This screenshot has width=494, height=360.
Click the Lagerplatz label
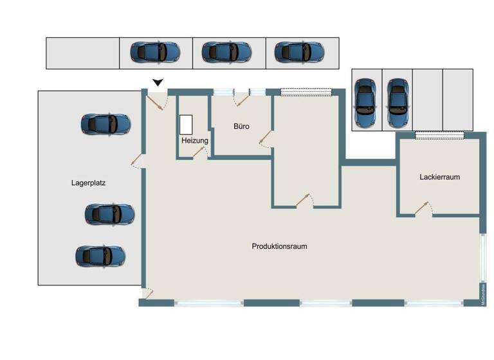(88, 183)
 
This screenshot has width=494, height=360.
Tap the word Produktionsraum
(279, 246)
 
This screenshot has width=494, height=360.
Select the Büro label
(241, 127)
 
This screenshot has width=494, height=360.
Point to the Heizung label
(194, 140)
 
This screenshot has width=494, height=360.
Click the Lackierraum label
(439, 177)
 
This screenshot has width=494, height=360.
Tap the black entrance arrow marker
(158, 82)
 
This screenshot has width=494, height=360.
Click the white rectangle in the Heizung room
(187, 123)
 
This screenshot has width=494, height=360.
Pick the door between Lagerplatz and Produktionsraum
(137, 159)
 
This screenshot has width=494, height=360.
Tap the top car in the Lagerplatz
(105, 124)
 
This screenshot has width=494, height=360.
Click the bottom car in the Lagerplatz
(100, 256)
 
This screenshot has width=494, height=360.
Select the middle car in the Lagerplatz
(109, 213)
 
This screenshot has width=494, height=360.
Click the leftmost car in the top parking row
(155, 51)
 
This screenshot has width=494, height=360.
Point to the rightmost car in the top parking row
(299, 51)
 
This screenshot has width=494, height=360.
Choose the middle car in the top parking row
(226, 51)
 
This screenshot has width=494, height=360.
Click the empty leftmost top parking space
(82, 53)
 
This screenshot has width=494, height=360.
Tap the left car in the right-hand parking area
(366, 103)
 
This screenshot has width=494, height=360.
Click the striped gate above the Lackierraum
(440, 134)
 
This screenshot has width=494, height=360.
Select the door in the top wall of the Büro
(242, 98)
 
